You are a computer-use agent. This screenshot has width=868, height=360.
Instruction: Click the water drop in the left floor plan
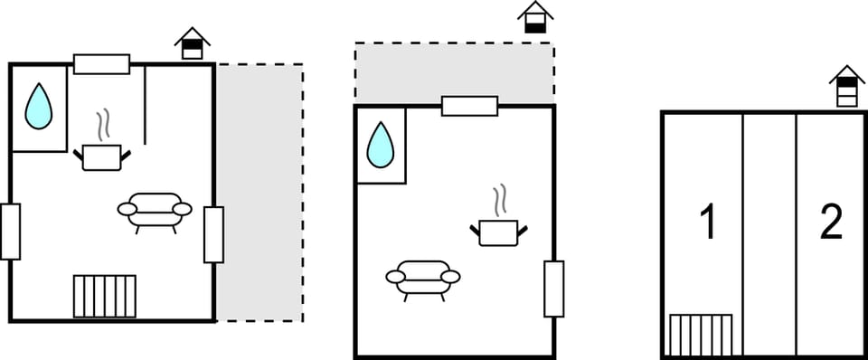(39, 108)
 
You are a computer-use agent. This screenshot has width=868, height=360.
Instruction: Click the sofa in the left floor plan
(155, 211)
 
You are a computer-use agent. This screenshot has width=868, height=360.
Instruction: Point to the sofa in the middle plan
(423, 278)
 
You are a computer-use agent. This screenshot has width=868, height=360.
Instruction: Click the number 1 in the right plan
(709, 222)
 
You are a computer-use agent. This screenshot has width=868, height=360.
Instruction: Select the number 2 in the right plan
(831, 222)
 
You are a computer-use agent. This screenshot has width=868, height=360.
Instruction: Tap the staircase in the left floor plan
(105, 297)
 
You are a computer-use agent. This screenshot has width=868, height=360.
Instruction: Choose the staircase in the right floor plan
(701, 335)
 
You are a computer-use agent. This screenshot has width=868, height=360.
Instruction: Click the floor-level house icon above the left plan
(192, 43)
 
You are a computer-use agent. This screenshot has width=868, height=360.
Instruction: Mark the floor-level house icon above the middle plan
(535, 17)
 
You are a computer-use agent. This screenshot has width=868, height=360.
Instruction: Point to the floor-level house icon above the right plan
(847, 86)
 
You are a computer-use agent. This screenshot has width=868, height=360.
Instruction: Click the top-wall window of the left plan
(102, 64)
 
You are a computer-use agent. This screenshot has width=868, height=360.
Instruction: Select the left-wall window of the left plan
(10, 232)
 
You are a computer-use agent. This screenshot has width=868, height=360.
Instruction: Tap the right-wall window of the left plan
(213, 235)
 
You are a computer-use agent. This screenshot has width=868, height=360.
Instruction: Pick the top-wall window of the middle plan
(469, 106)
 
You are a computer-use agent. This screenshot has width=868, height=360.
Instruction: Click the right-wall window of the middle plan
(554, 289)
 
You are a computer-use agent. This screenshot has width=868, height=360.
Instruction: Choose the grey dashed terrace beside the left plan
(259, 192)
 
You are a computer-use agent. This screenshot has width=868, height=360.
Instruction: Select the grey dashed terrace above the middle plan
(455, 72)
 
